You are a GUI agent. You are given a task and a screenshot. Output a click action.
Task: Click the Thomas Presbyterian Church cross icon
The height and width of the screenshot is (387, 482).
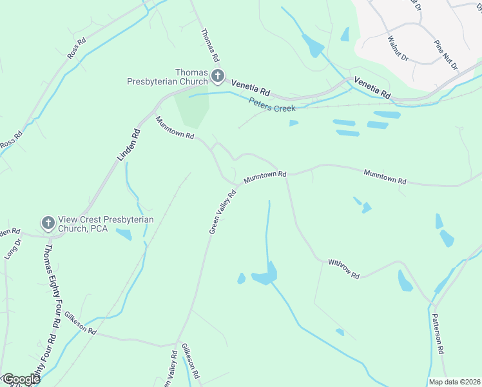tap(218, 77)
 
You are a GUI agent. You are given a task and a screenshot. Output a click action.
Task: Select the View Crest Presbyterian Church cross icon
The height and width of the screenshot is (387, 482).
tap(48, 223)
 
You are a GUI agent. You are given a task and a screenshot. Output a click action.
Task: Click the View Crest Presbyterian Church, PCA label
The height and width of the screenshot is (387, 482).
tap(106, 224)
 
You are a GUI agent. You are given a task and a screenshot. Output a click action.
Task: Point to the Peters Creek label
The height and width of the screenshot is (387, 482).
tap(272, 104)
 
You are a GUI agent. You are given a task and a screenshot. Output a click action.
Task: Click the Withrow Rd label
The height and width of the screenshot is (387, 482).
tap(343, 268)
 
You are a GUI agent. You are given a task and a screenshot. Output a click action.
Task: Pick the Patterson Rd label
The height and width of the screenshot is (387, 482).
tap(438, 333)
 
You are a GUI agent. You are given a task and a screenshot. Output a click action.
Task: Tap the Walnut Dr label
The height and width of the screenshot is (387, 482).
tap(397, 49)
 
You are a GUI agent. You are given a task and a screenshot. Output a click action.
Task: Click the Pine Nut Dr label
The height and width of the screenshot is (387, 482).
tap(445, 55)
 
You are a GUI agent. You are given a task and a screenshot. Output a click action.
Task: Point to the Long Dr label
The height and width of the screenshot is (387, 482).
tap(12, 249)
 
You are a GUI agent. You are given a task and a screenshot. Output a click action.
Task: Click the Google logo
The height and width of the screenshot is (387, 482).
tap(21, 379)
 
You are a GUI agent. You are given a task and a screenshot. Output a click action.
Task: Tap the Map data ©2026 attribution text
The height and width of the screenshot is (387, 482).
tap(454, 382)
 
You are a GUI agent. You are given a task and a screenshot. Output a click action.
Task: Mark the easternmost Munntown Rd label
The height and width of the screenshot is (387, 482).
tap(385, 177)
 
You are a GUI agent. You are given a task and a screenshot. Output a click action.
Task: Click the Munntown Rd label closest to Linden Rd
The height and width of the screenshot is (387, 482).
tap(175, 128)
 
